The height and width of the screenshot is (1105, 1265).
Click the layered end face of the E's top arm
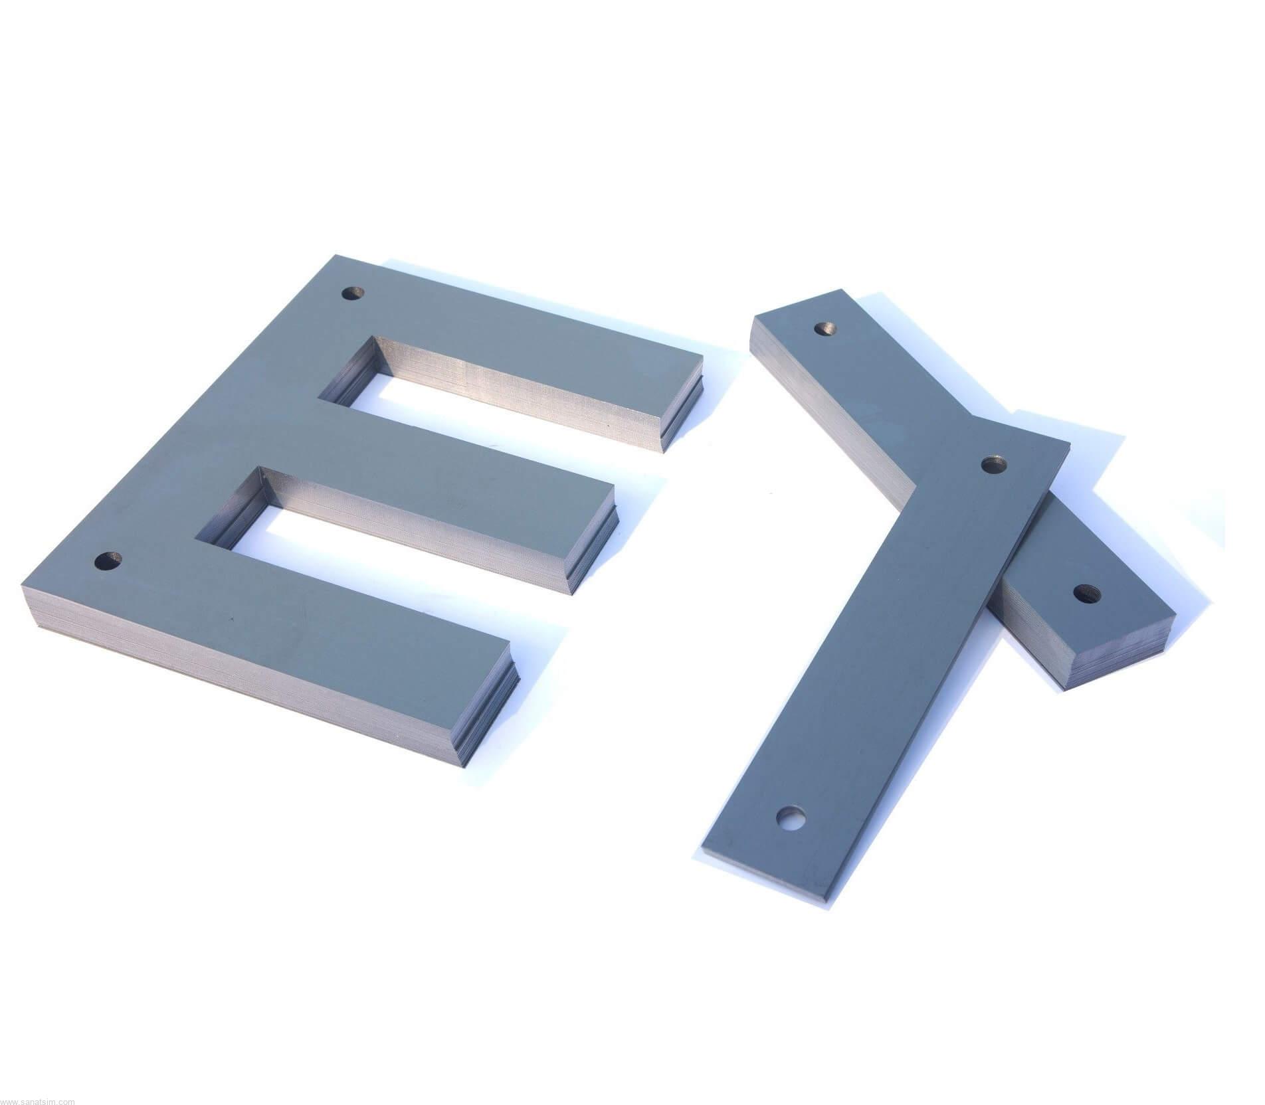tap(684, 405)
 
